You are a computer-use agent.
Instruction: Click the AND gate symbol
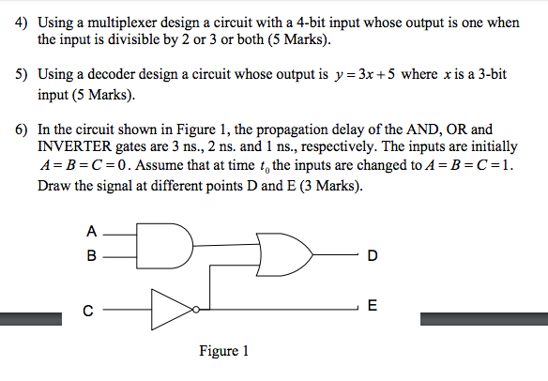coord(164,246)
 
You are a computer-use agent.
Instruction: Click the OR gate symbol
coord(284,255)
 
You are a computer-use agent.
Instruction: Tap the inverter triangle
coord(172,310)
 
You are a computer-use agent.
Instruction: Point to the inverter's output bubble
coord(196,310)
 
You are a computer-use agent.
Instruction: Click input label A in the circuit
coord(91,232)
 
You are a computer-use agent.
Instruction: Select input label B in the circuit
coord(91,255)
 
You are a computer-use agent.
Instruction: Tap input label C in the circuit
coord(88,311)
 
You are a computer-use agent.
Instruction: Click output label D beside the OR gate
coord(373,255)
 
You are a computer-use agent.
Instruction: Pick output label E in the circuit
coord(373,306)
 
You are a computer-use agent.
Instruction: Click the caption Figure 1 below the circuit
coord(223,351)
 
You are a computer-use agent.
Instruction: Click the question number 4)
coord(21,23)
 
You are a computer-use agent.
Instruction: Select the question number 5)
coord(21,74)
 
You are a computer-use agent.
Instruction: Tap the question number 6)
coord(21,130)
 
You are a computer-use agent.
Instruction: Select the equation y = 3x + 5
coord(364,74)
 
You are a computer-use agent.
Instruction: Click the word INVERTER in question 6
coord(74,146)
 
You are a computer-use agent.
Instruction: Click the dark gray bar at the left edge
coord(31,319)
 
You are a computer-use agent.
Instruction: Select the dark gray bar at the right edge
coord(484,319)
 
